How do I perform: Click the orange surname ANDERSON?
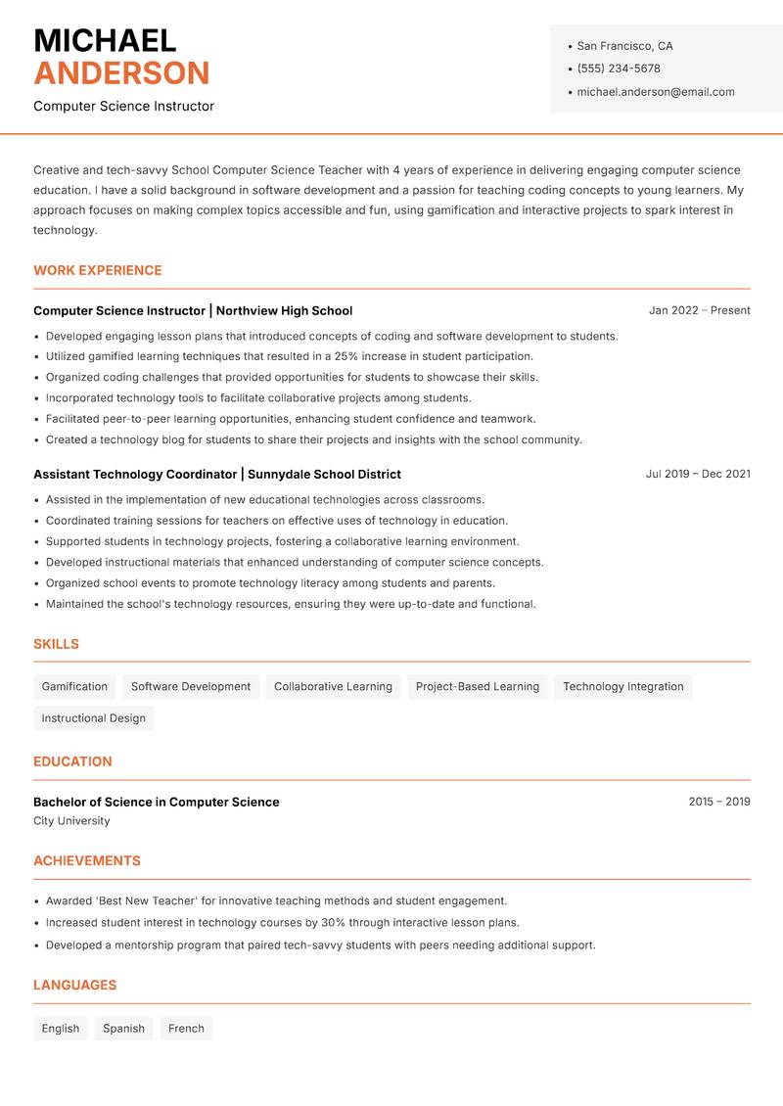pyautogui.click(x=121, y=73)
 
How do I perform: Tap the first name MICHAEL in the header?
pyautogui.click(x=105, y=40)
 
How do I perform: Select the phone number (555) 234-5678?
pyautogui.click(x=619, y=69)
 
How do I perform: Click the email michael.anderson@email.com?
pyautogui.click(x=656, y=92)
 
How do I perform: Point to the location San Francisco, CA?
pyautogui.click(x=624, y=46)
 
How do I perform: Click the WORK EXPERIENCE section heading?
pyautogui.click(x=98, y=270)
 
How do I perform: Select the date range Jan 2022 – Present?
pyautogui.click(x=699, y=310)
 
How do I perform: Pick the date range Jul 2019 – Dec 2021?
pyautogui.click(x=698, y=474)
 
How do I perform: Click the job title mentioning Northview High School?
pyautogui.click(x=193, y=310)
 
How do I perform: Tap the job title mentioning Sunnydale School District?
pyautogui.click(x=217, y=474)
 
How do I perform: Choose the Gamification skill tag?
pyautogui.click(x=74, y=686)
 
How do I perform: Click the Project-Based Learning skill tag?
pyautogui.click(x=478, y=686)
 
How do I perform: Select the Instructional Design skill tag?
pyautogui.click(x=94, y=718)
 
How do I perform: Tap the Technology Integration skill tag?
pyautogui.click(x=623, y=686)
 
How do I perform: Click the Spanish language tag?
pyautogui.click(x=123, y=1029)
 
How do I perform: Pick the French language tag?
pyautogui.click(x=186, y=1029)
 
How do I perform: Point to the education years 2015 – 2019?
pyautogui.click(x=718, y=802)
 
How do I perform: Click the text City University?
pyautogui.click(x=71, y=821)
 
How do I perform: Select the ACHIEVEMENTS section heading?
pyautogui.click(x=87, y=861)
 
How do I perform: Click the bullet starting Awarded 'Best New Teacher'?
pyautogui.click(x=276, y=900)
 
